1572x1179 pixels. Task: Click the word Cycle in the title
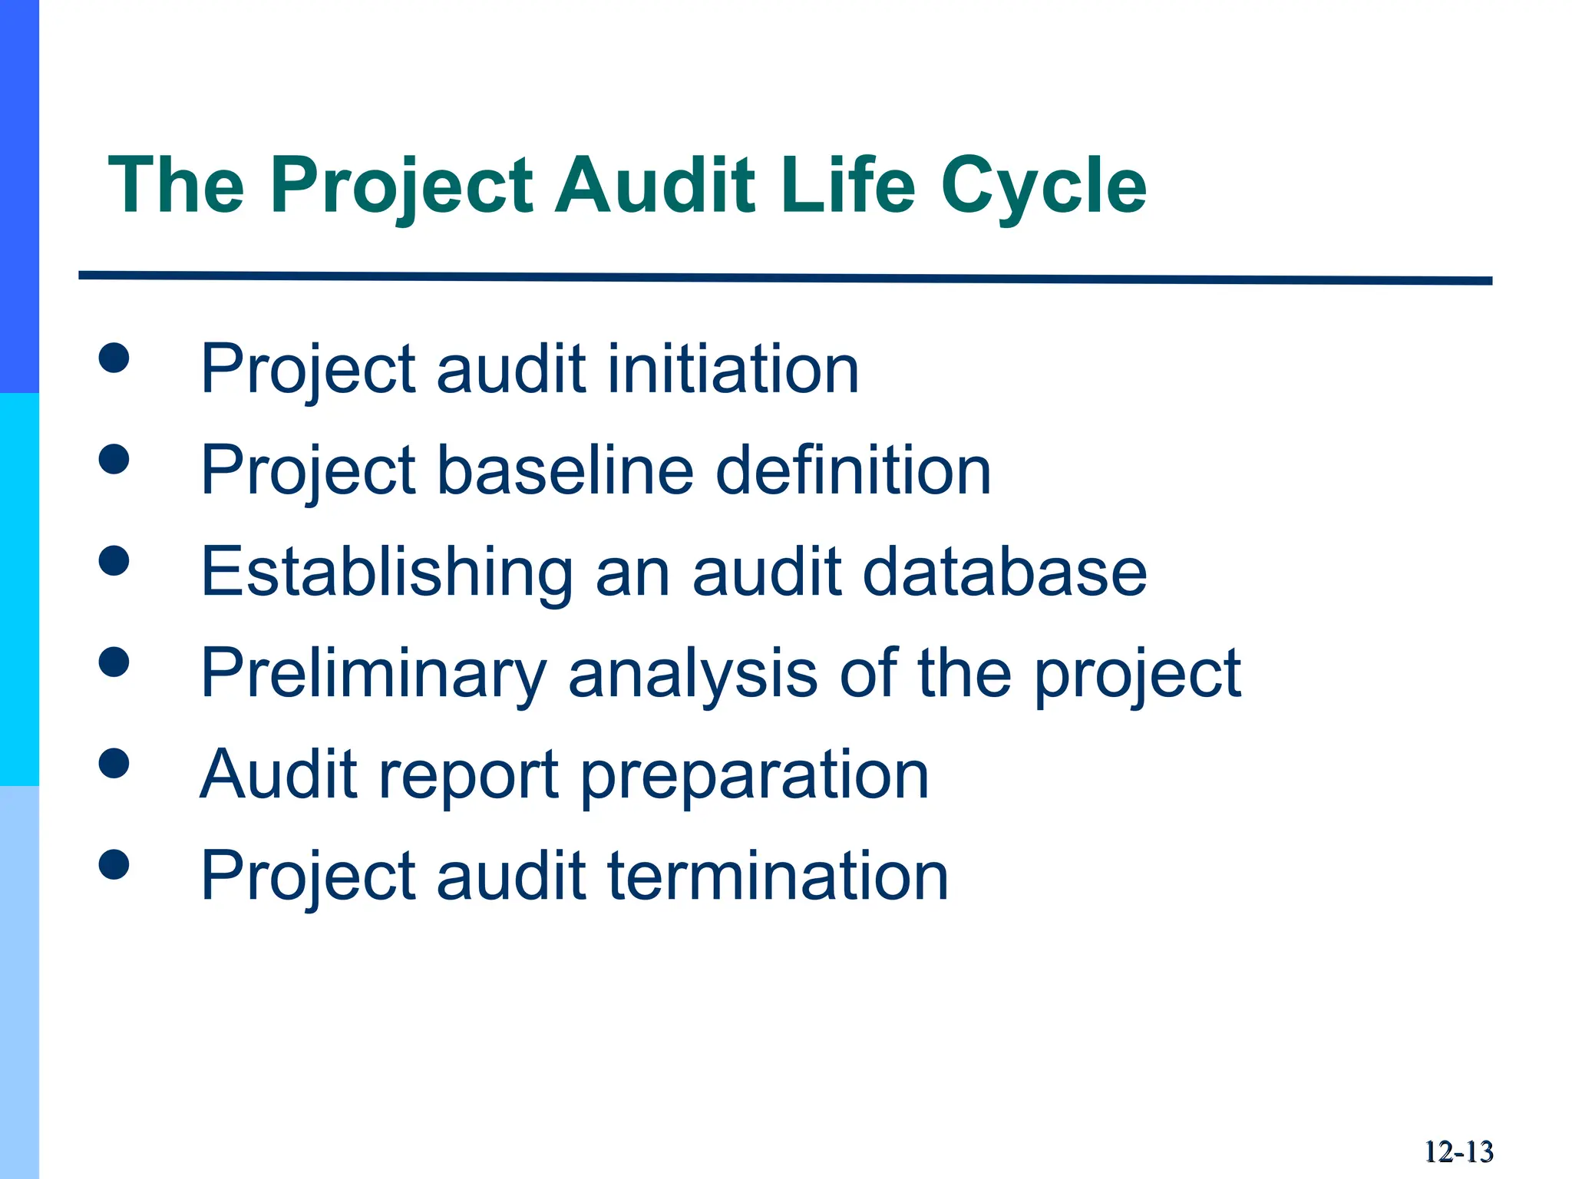tap(1043, 186)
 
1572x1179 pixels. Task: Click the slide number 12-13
tap(1458, 1152)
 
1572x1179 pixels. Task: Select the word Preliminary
tap(373, 673)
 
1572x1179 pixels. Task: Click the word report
tap(468, 775)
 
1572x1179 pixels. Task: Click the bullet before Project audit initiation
tap(114, 358)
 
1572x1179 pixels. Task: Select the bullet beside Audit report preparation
tap(114, 763)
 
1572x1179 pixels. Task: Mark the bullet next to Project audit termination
tap(114, 864)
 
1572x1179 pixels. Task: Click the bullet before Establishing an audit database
tap(114, 560)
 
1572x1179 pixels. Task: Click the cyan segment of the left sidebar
tap(19, 589)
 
